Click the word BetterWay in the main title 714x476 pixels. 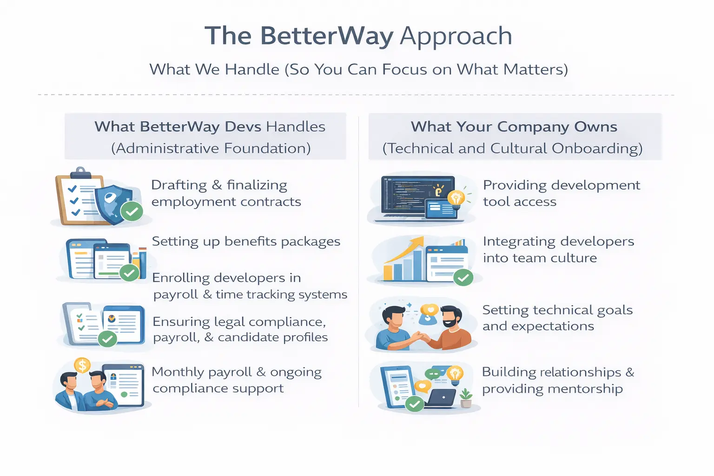326,36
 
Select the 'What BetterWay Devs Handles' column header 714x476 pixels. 210,127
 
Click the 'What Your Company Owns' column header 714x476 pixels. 514,127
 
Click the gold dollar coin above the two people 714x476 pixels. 82,365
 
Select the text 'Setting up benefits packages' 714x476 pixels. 246,242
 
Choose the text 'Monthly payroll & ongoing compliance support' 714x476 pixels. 236,380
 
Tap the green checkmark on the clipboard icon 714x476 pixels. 132,212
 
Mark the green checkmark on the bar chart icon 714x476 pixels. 463,278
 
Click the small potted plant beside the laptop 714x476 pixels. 466,398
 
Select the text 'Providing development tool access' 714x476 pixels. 561,193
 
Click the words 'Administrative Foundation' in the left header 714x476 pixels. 211,148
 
